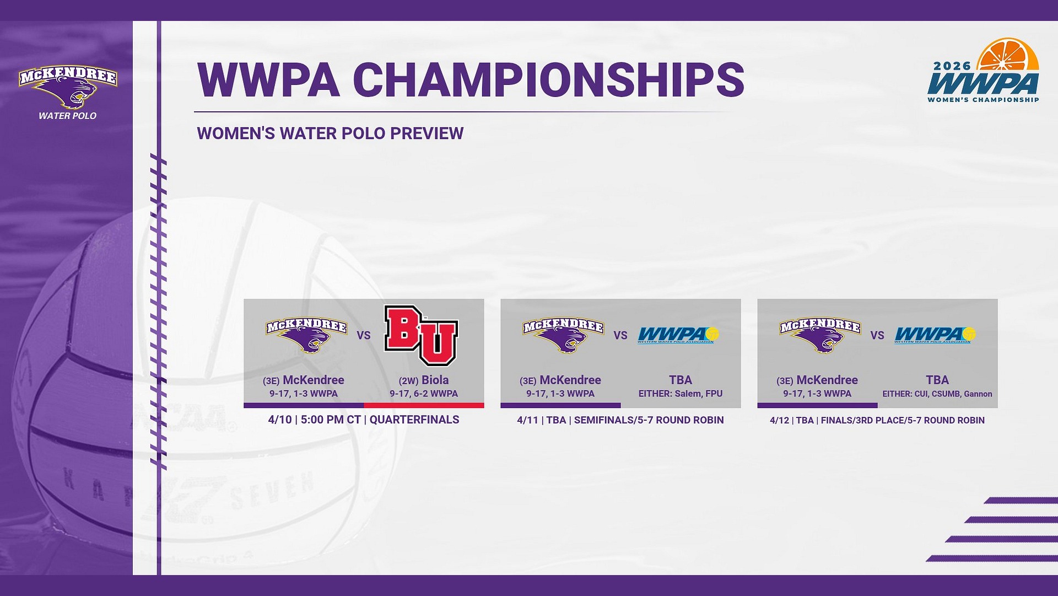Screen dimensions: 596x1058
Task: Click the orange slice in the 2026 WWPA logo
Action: click(x=1008, y=55)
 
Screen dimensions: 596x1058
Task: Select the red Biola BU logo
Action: click(x=421, y=336)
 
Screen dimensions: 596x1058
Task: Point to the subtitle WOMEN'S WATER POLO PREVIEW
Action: click(x=330, y=133)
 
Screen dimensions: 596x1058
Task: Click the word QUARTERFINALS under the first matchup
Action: click(x=414, y=420)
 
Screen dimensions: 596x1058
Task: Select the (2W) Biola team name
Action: click(x=424, y=380)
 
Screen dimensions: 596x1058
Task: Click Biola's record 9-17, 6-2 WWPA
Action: click(x=424, y=394)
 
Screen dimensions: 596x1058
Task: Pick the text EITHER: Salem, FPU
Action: click(x=680, y=394)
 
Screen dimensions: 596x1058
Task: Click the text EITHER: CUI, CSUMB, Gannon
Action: click(x=937, y=394)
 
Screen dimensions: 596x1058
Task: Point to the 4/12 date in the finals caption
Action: click(x=779, y=420)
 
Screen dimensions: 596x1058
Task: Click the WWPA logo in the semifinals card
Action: click(x=678, y=335)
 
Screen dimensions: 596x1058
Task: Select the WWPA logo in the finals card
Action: click(x=935, y=335)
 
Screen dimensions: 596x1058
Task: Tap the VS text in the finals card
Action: click(x=877, y=335)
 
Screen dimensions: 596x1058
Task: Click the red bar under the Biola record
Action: click(x=424, y=405)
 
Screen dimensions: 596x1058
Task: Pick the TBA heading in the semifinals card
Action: click(x=680, y=380)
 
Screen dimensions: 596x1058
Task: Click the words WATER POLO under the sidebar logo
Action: click(x=68, y=116)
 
